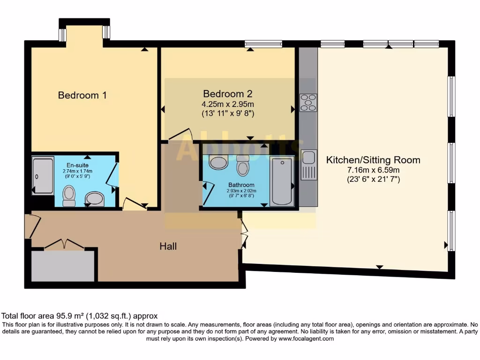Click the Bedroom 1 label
coord(82,95)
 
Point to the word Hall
coord(168,246)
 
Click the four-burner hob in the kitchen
coord(308,103)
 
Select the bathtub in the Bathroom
coord(282,181)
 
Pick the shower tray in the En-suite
coord(43,176)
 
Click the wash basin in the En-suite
coord(95,199)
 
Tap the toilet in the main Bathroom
coord(242,165)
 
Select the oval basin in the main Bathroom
coord(218,163)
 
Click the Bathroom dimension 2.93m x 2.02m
coord(241,190)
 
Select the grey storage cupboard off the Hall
coord(62,266)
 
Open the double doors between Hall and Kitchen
coord(244,233)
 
